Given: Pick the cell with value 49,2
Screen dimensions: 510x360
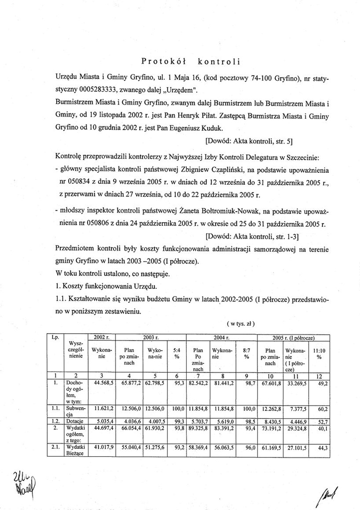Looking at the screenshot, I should click(x=322, y=382).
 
